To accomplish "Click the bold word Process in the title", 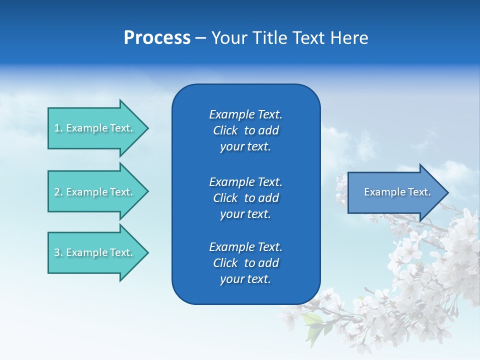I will tap(157, 38).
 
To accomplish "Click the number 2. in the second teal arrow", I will tap(58, 192).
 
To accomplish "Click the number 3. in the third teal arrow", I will tap(58, 252).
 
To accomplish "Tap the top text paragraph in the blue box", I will tap(245, 130).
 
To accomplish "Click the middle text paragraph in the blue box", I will tap(245, 198).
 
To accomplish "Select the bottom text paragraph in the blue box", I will tap(245, 263).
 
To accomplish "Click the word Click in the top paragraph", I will tap(225, 130).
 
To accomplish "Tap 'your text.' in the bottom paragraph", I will tap(245, 279).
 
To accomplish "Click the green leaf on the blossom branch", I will tap(313, 320).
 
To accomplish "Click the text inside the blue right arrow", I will tap(397, 192).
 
